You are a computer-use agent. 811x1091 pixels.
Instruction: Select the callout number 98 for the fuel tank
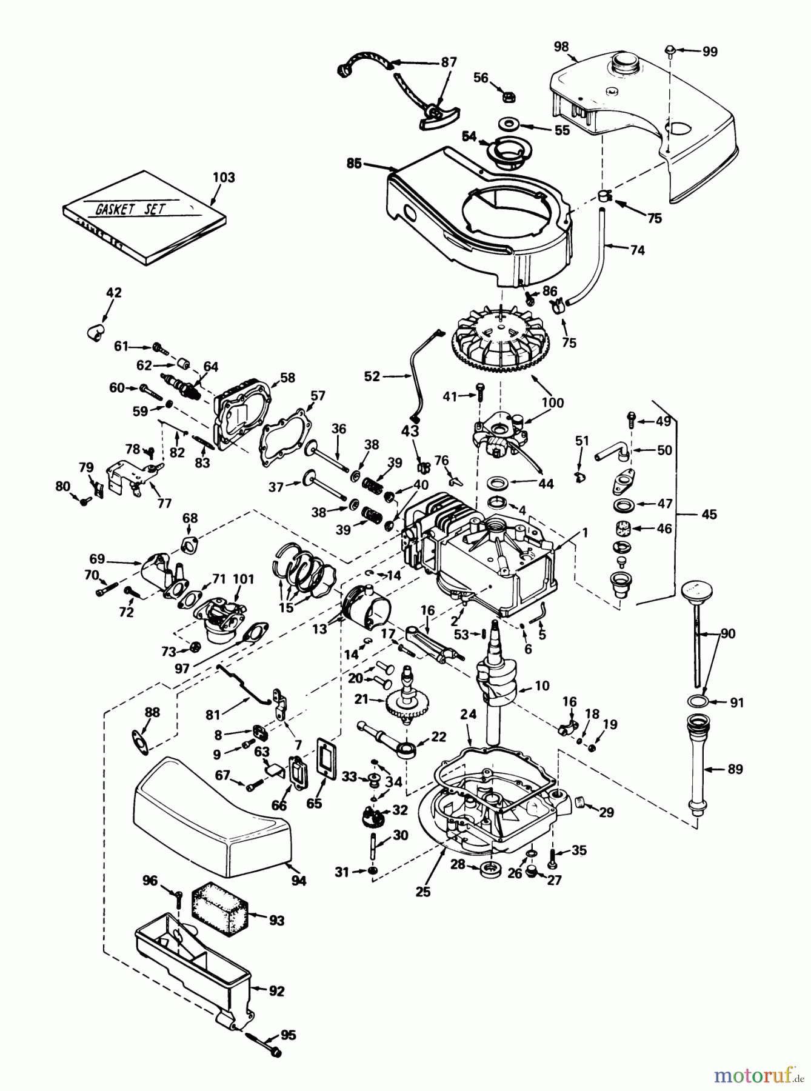(561, 47)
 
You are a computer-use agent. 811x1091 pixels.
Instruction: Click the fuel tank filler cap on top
(624, 62)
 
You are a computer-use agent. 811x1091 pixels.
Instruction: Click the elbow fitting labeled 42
(93, 330)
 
